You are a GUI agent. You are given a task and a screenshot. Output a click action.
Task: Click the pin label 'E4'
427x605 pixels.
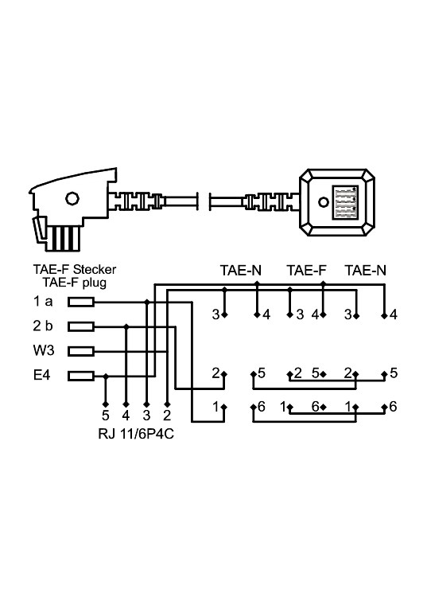point(43,375)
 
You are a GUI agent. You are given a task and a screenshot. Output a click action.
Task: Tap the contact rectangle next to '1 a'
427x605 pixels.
point(81,302)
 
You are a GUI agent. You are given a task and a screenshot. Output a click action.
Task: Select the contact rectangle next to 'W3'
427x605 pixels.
point(81,350)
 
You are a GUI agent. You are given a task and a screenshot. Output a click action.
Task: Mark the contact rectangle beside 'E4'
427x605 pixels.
point(81,375)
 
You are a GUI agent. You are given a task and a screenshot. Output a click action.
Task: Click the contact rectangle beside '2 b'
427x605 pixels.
point(81,326)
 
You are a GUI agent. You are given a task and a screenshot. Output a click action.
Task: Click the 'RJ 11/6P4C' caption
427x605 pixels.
point(137,434)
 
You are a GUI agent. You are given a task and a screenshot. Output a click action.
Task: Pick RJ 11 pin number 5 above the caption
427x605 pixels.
point(106,416)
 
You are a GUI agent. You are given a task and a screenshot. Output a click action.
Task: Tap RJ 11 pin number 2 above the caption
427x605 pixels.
point(165,416)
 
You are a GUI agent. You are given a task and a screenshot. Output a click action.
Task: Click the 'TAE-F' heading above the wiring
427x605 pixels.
point(306,271)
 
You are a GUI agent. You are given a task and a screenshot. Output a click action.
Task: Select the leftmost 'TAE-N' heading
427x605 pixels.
point(240,271)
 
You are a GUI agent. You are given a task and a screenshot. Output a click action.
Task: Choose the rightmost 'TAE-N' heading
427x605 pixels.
point(366,271)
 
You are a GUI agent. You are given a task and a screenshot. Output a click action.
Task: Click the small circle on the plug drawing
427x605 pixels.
point(72,199)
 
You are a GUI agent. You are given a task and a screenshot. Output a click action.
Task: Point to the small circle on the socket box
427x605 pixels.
point(324,199)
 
